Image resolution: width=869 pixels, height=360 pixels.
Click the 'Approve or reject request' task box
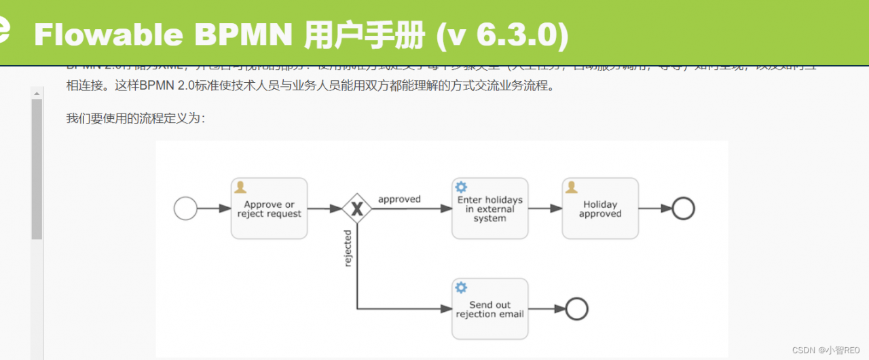coord(269,209)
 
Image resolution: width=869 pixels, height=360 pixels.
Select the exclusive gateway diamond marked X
coord(356,209)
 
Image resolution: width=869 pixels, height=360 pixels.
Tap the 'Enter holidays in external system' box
coord(489,209)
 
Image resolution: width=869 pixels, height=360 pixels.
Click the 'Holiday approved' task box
coord(600,209)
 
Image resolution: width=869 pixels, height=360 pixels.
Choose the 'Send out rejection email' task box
coord(489,309)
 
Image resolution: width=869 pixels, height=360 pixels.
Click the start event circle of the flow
coord(185,209)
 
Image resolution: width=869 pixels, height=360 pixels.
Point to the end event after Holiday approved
coord(683,209)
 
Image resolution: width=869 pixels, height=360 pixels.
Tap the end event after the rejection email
coord(576,309)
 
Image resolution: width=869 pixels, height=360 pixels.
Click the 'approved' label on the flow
coord(399,199)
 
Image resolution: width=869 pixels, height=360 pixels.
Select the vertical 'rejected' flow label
coord(348,248)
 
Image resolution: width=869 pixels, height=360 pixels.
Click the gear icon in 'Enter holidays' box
coord(461,187)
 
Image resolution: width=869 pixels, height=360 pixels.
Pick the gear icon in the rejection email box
coord(461,287)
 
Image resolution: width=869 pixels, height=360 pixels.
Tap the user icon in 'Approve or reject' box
coord(240,187)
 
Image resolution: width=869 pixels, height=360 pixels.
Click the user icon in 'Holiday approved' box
coord(571,187)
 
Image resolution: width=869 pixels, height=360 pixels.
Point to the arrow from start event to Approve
coord(214,209)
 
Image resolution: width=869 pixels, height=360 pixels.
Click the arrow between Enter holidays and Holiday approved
coord(545,209)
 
